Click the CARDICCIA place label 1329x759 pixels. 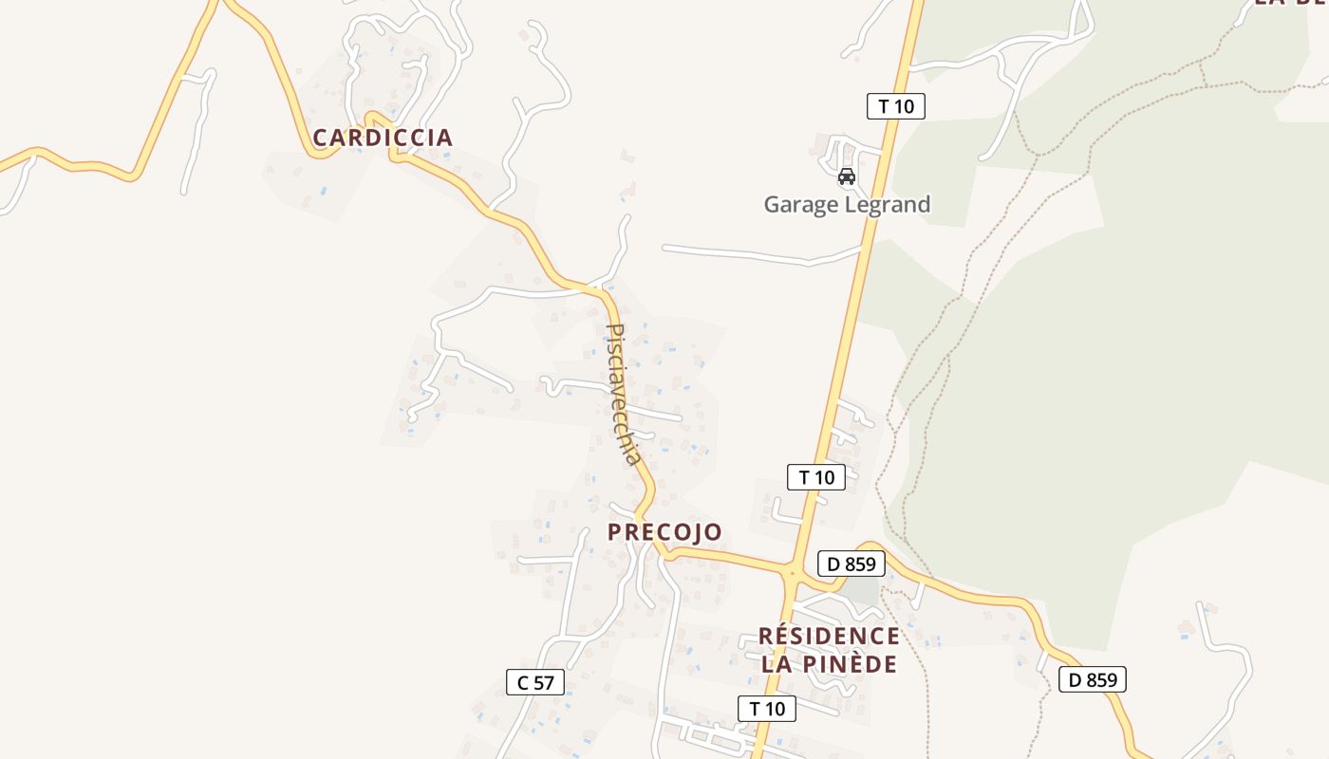pos(383,138)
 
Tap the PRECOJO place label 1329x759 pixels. pos(664,532)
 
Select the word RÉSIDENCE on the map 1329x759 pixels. pos(829,636)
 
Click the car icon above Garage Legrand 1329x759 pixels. pos(846,176)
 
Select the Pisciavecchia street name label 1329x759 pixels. pos(623,394)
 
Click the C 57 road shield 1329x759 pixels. pos(535,682)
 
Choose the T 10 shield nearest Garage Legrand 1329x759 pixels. pos(895,106)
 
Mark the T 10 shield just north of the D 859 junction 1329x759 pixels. pos(816,477)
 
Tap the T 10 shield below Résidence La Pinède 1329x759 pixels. pos(767,709)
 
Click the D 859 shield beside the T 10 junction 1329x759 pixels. pos(852,565)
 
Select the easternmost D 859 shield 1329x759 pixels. pos(1093,679)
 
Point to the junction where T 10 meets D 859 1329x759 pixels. pos(791,572)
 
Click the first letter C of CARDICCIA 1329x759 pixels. pos(320,138)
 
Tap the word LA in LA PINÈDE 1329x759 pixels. pos(776,664)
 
